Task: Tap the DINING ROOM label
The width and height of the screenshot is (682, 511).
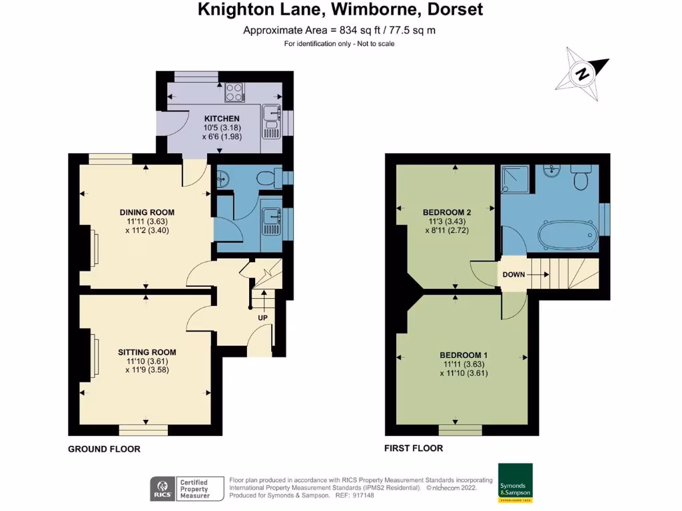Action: pyautogui.click(x=147, y=212)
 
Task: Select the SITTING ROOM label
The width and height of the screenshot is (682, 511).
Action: pyautogui.click(x=147, y=353)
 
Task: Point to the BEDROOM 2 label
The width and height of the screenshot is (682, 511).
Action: pyautogui.click(x=447, y=212)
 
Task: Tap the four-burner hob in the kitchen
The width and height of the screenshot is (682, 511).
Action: pyautogui.click(x=234, y=92)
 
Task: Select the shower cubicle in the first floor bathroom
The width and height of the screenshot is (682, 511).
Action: pyautogui.click(x=515, y=179)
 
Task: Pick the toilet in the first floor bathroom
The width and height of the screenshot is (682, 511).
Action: pyautogui.click(x=581, y=177)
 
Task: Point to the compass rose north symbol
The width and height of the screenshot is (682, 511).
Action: pyautogui.click(x=582, y=73)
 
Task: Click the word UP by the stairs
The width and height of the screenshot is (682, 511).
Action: pyautogui.click(x=262, y=317)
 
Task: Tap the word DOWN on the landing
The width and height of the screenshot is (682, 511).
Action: pyautogui.click(x=513, y=275)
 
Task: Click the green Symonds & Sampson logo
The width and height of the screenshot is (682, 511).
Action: pyautogui.click(x=515, y=483)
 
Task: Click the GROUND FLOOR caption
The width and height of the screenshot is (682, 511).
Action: pyautogui.click(x=104, y=449)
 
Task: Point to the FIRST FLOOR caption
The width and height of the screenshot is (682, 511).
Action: pyautogui.click(x=414, y=448)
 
